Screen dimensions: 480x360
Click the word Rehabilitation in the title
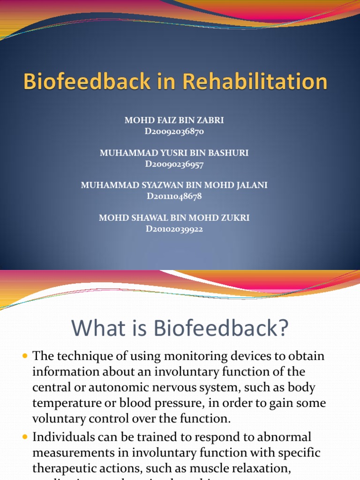click(x=255, y=82)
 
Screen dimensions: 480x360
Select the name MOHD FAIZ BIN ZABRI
click(x=174, y=120)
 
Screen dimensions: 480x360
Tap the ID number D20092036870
click(x=174, y=132)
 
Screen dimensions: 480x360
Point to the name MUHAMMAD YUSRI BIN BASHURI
click(x=174, y=153)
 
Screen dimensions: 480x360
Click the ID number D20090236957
click(x=174, y=164)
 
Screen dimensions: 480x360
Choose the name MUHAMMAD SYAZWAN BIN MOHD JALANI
click(x=174, y=185)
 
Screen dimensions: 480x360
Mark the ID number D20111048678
click(x=174, y=196)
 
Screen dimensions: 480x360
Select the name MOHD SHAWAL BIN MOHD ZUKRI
click(x=174, y=218)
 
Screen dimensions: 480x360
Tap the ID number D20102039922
click(x=174, y=229)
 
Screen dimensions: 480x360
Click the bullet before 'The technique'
click(x=25, y=357)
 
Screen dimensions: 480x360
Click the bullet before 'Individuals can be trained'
click(x=25, y=437)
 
